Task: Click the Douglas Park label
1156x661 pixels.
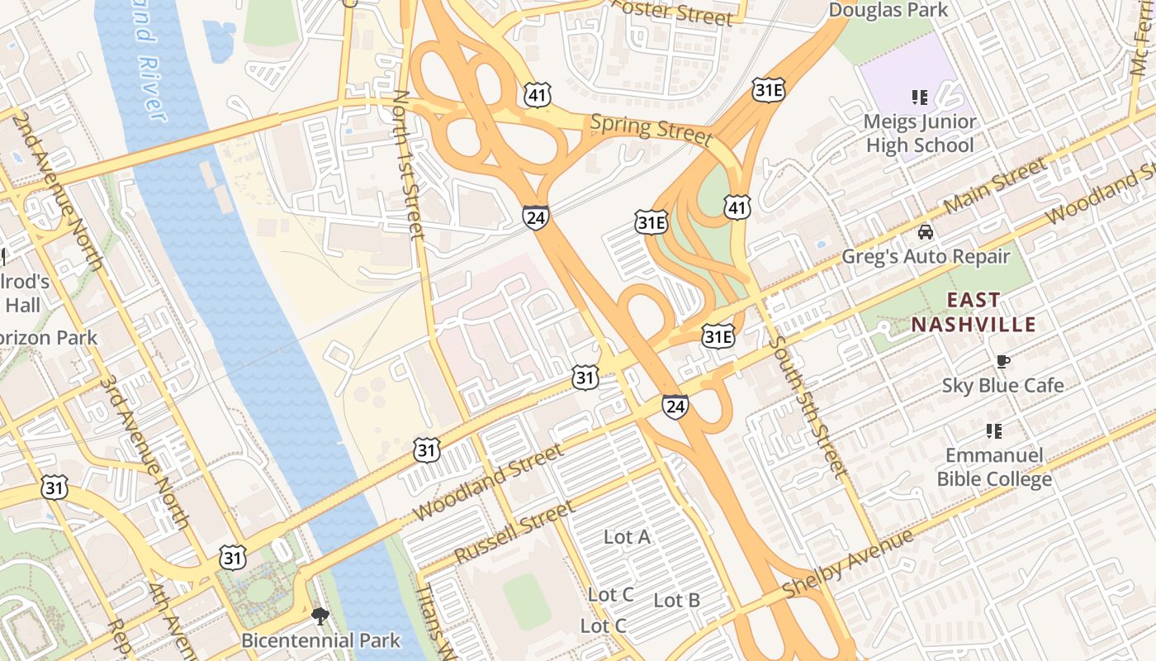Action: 888,10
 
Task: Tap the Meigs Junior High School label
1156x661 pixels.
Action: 919,133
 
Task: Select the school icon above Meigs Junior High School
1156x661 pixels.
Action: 920,97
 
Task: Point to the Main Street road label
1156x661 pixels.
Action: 994,187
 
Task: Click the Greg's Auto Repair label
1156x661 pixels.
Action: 926,256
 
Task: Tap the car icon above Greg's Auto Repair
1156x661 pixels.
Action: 926,232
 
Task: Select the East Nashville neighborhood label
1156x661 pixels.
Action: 973,312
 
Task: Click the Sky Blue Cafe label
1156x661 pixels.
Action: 1002,385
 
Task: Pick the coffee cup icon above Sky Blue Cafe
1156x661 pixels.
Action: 1002,361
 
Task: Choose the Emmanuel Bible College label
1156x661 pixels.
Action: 994,467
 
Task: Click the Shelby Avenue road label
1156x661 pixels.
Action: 848,564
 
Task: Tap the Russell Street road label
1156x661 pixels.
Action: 514,533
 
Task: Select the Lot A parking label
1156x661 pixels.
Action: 627,537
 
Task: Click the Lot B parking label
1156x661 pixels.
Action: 677,601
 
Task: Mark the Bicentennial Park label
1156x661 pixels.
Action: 320,640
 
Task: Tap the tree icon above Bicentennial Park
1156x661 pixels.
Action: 320,616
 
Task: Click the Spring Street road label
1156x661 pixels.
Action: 651,129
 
